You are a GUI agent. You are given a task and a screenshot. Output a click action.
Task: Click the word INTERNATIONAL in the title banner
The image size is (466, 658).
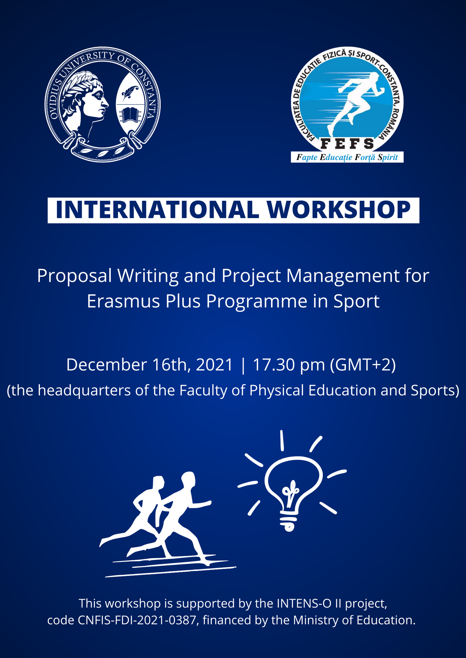[x=157, y=210]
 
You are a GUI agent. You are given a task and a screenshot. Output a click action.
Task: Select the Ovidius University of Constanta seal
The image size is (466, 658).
[x=102, y=104]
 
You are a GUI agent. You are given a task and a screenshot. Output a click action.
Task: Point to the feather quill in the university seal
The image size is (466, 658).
[x=130, y=93]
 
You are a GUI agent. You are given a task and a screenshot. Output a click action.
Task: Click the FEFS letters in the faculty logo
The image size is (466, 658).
[x=347, y=144]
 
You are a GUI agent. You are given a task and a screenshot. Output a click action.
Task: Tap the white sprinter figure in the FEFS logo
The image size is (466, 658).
[x=356, y=103]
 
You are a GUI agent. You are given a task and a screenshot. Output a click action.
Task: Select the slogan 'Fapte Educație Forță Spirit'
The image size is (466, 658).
[x=347, y=157]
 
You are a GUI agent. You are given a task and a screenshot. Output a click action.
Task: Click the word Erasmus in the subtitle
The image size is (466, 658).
[x=123, y=301]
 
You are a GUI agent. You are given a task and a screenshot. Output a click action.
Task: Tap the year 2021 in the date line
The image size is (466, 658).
[x=214, y=365]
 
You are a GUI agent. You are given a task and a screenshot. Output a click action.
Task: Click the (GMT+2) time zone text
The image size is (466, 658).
[x=363, y=365]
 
